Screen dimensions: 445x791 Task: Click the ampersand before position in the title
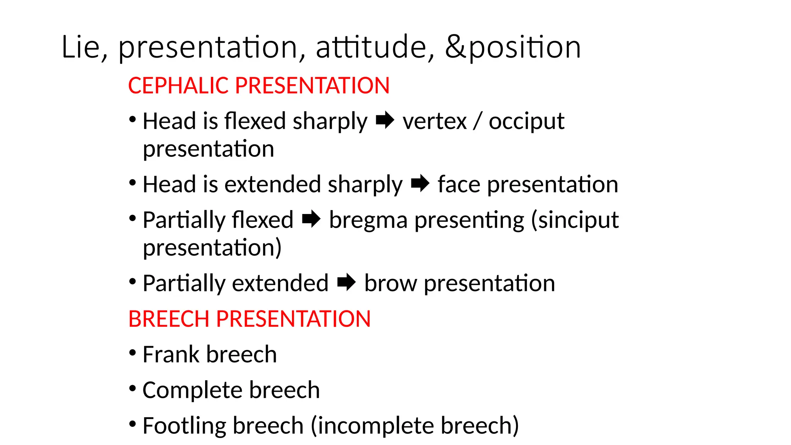tap(456, 47)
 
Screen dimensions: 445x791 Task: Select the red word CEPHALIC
tap(179, 85)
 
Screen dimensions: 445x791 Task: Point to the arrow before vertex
tap(385, 121)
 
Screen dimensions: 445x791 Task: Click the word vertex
tap(435, 121)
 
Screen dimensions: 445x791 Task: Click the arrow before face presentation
tap(420, 183)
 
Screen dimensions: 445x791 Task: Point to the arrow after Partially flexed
tap(311, 219)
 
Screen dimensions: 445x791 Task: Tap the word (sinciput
tap(575, 220)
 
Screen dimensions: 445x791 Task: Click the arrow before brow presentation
tap(346, 282)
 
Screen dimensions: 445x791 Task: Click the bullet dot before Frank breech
tap(132, 353)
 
